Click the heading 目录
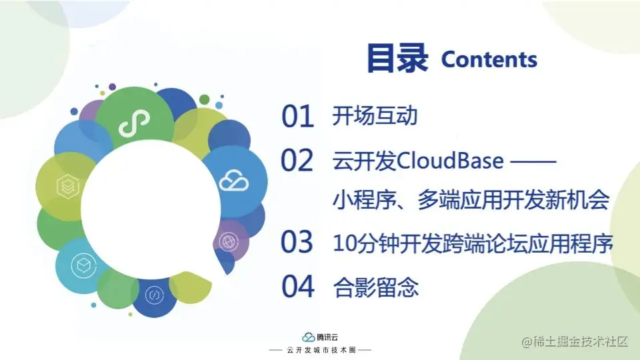click(x=397, y=58)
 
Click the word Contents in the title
click(x=489, y=59)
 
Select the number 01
click(x=297, y=116)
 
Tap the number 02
click(x=297, y=161)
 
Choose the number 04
click(x=298, y=286)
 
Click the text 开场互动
click(x=375, y=115)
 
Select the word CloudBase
click(x=450, y=161)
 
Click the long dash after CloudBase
click(x=533, y=161)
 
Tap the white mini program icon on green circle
click(x=134, y=123)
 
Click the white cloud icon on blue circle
click(x=234, y=181)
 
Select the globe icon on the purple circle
click(x=229, y=241)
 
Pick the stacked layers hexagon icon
click(x=68, y=186)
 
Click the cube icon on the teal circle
click(x=84, y=266)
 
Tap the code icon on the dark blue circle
click(x=154, y=294)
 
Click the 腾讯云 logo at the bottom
click(x=320, y=337)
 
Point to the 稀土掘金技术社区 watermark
click(x=575, y=341)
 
